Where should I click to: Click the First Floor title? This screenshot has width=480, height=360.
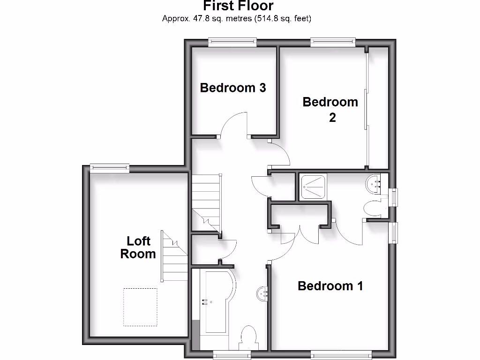click(238, 6)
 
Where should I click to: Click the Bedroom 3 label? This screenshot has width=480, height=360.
click(233, 88)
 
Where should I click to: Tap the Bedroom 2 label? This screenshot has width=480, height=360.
click(330, 109)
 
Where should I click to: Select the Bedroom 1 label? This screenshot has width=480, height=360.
click(330, 285)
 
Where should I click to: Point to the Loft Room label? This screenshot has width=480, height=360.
click(138, 247)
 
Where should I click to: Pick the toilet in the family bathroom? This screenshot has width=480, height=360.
click(248, 338)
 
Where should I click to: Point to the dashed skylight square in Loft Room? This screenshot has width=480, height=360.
click(140, 307)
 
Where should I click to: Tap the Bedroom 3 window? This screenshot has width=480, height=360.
click(232, 43)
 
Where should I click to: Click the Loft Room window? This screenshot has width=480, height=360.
click(109, 168)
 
